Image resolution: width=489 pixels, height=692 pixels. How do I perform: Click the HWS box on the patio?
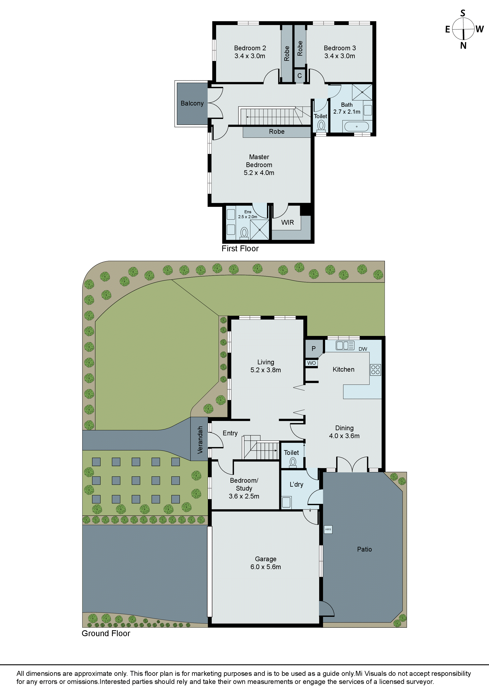click(328, 529)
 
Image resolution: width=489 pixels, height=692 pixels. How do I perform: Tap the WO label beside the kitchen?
click(312, 363)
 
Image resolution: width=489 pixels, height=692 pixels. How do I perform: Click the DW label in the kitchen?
click(363, 349)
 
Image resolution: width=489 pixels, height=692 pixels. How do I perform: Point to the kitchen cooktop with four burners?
click(375, 370)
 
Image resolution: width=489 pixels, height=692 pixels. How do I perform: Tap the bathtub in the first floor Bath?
click(356, 127)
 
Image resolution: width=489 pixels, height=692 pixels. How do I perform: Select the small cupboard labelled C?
click(300, 76)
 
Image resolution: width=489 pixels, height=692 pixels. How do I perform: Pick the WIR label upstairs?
click(287, 223)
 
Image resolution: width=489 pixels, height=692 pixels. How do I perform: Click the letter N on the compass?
click(463, 46)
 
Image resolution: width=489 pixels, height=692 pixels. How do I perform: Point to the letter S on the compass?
click(463, 13)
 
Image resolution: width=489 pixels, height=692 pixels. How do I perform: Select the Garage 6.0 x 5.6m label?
click(265, 563)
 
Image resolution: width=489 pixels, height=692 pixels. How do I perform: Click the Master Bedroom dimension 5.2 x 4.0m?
click(259, 173)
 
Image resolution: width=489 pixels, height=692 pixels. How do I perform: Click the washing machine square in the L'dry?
click(286, 502)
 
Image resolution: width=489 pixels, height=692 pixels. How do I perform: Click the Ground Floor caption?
click(106, 633)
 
